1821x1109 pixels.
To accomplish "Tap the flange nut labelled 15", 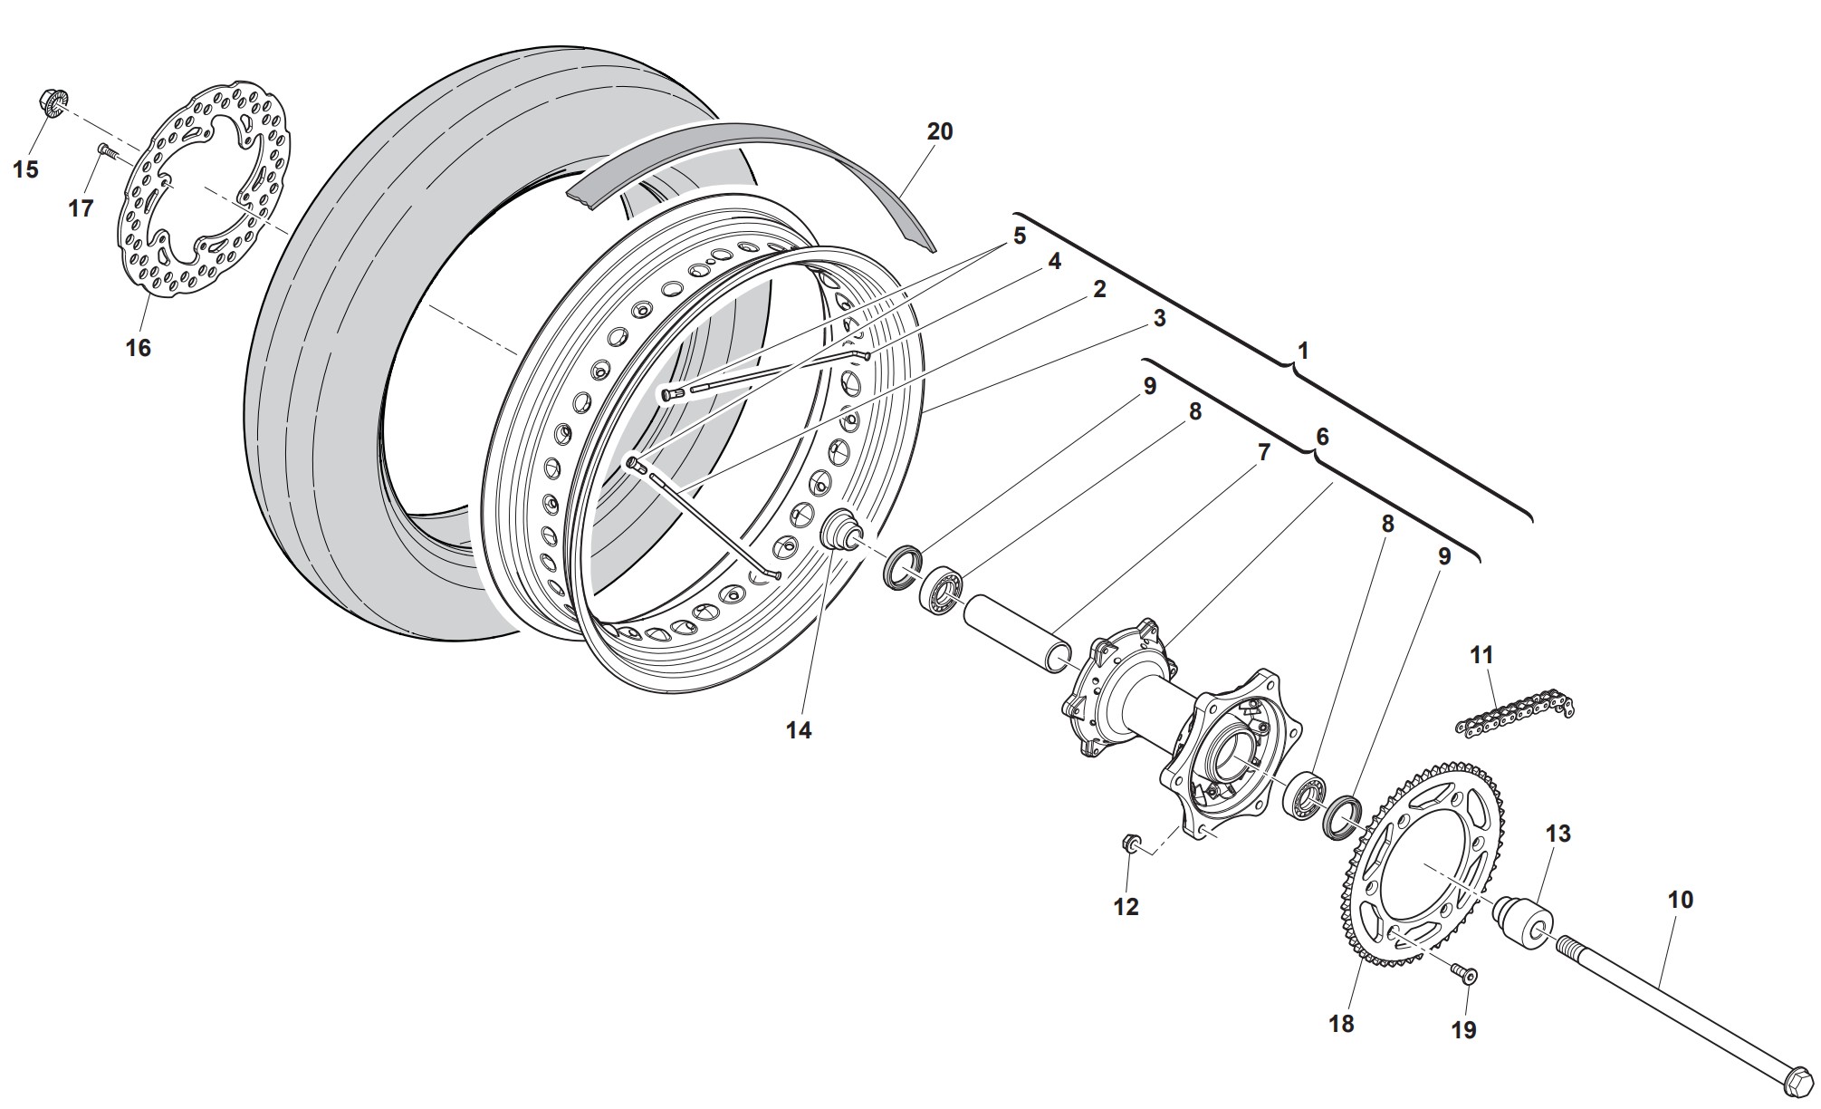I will click(x=52, y=102).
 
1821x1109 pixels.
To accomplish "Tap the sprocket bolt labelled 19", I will click(x=1466, y=974).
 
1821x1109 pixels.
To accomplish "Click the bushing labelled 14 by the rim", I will click(x=839, y=530).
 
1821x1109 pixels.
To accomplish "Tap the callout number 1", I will click(x=1303, y=350).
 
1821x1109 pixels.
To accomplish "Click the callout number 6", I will click(x=1322, y=437).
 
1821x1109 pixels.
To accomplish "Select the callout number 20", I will click(x=940, y=131).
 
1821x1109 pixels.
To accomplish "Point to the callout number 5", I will click(x=1020, y=236).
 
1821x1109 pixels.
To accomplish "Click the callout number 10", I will click(x=1680, y=900).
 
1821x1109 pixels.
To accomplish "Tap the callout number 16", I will click(x=138, y=348).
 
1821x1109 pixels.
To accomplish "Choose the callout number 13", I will click(x=1557, y=833).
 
